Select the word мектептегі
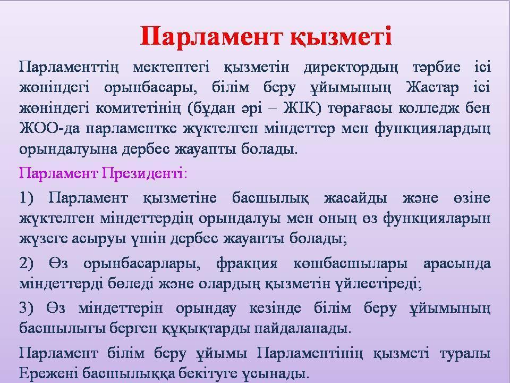coord(171,67)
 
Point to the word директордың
coord(351,68)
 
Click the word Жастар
coord(432,88)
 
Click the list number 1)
coord(27,198)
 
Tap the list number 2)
coord(27,263)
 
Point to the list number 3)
coord(27,308)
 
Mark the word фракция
coord(247,264)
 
